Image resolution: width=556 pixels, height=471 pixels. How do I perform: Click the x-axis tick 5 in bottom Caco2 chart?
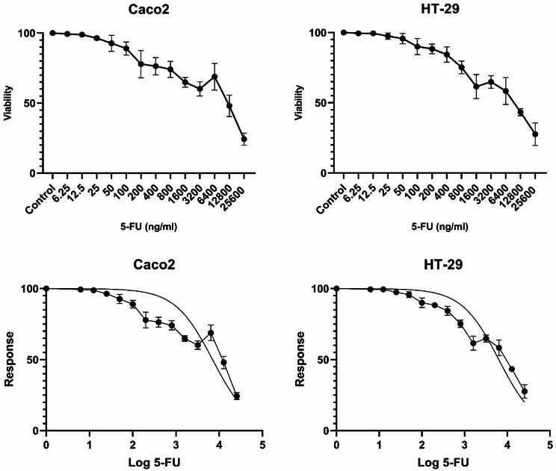pyautogui.click(x=262, y=443)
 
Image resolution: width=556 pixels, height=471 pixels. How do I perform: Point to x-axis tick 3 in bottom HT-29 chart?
pyautogui.click(x=466, y=443)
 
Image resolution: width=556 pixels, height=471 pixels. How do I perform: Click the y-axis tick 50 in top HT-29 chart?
pyautogui.click(x=321, y=103)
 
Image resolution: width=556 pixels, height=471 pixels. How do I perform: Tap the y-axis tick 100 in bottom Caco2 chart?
pyautogui.click(x=29, y=289)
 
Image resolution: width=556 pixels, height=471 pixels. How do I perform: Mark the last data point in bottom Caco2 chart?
pyautogui.click(x=236, y=396)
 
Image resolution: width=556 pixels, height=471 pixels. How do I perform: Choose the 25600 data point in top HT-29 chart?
pyautogui.click(x=535, y=134)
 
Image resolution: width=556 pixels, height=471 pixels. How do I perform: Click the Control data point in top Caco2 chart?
pyautogui.click(x=52, y=33)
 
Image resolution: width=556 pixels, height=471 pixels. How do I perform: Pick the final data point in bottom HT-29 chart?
pyautogui.click(x=525, y=391)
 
